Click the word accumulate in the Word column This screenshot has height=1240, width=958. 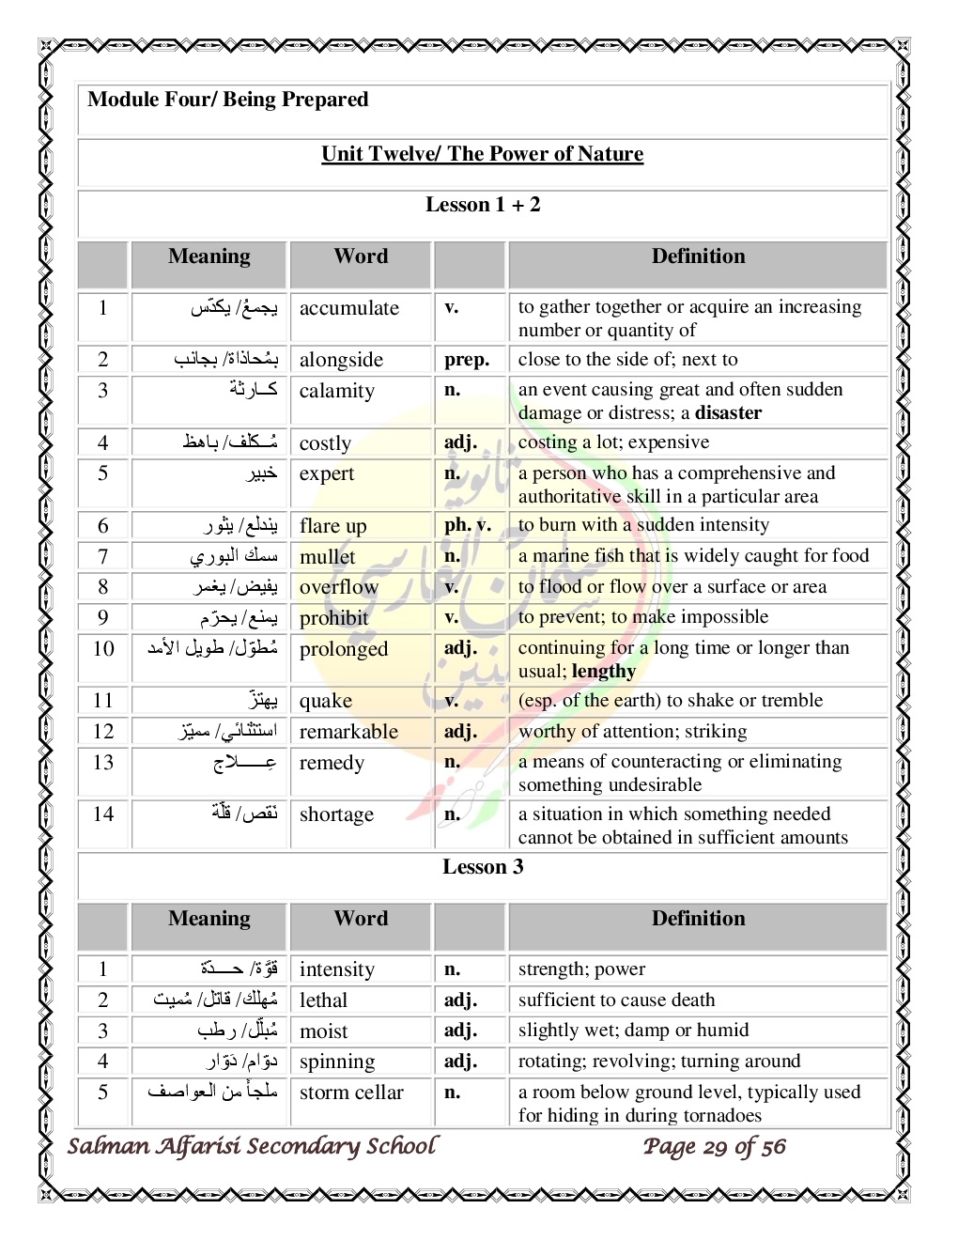pos(348,308)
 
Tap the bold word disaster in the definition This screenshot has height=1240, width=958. pos(728,413)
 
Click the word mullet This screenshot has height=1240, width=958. pos(327,557)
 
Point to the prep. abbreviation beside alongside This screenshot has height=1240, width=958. pos(467,360)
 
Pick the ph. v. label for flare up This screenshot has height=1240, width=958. pos(467,526)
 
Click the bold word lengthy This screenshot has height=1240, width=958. pos(603,672)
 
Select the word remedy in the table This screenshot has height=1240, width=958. pos(331,763)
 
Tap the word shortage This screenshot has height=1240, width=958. pos(336,814)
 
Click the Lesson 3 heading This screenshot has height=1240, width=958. pos(483,867)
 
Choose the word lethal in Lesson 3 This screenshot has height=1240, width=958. pos(323,1000)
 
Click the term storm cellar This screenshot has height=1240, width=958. pos(351,1093)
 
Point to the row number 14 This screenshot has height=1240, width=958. pos(103,814)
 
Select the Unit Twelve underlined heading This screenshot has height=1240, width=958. pos(482,154)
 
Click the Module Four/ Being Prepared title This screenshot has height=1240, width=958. pos(227,100)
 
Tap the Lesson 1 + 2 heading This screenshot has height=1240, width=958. pos(483,205)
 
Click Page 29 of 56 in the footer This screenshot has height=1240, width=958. pos(714,1147)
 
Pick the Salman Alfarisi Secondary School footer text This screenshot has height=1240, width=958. pos(252,1146)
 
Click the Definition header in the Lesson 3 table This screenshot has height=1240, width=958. pos(698,919)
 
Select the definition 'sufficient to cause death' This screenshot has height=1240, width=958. pos(616,1000)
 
